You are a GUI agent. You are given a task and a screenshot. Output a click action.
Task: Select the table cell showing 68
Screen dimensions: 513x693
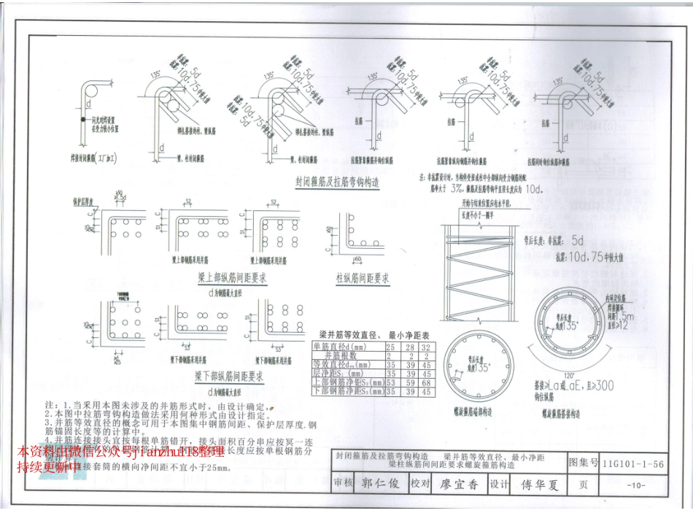tap(426, 382)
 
